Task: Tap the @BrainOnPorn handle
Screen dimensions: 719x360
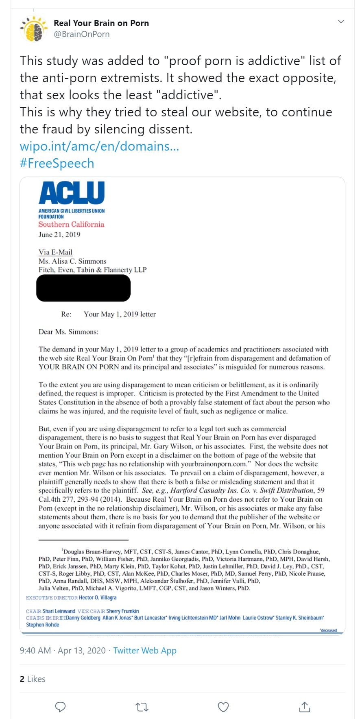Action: (81, 34)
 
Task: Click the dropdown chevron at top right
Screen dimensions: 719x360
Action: (341, 22)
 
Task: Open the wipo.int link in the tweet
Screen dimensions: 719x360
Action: (99, 146)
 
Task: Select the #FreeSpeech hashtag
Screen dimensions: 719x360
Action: (57, 163)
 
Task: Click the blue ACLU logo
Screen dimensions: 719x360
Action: (72, 192)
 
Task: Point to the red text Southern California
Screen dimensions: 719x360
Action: (71, 224)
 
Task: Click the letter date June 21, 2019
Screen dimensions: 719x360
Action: (59, 234)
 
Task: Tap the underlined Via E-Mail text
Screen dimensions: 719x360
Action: (55, 252)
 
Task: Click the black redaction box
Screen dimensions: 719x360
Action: (83, 288)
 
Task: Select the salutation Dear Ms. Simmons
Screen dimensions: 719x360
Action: (68, 332)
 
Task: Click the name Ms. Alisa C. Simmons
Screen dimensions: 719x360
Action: (72, 261)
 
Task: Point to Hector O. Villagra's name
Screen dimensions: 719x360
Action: (98, 598)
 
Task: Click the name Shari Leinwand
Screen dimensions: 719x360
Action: (59, 611)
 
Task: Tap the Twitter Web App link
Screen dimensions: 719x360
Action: (145, 650)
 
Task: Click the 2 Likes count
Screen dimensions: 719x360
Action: (33, 679)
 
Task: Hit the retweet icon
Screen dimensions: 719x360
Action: (142, 707)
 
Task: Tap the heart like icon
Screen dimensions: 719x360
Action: (223, 707)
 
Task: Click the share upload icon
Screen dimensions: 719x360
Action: (304, 707)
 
